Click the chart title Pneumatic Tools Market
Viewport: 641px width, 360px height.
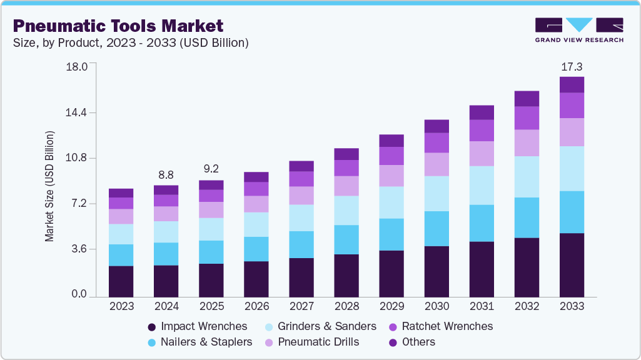(x=118, y=26)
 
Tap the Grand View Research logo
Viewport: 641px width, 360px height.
(x=579, y=30)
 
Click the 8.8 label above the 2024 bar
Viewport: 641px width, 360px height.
(x=166, y=175)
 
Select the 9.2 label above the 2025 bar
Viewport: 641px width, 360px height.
(x=211, y=169)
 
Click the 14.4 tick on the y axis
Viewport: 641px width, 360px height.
(x=78, y=112)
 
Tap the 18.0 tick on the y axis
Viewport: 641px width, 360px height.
(x=78, y=67)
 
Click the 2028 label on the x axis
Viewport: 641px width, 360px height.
(x=346, y=307)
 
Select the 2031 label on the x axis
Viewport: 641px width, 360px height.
(x=482, y=307)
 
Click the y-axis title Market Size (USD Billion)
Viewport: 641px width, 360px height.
(x=49, y=186)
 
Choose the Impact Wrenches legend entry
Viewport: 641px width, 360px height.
(x=197, y=326)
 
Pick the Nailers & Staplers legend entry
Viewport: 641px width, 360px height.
(x=199, y=342)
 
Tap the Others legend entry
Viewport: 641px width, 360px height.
(x=413, y=342)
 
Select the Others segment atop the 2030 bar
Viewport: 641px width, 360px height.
(x=437, y=126)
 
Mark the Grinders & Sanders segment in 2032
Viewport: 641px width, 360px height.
(x=527, y=177)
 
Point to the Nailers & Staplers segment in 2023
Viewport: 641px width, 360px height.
(x=121, y=255)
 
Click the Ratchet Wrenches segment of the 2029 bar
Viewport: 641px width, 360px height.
(x=391, y=156)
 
